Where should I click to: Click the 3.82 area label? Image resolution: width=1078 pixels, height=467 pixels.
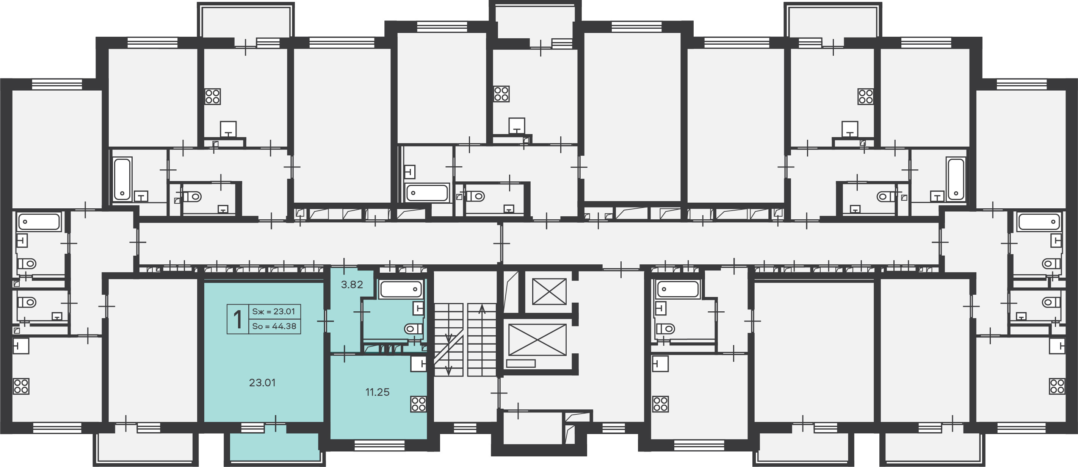(x=352, y=285)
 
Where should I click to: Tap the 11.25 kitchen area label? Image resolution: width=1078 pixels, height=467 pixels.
(x=378, y=392)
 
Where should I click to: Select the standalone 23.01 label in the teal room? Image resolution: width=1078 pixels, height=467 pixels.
(x=262, y=383)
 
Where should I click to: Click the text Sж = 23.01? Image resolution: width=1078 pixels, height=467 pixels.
(x=274, y=311)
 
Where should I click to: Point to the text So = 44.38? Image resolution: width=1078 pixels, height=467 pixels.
(x=274, y=326)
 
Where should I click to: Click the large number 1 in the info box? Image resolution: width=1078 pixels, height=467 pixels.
(x=238, y=319)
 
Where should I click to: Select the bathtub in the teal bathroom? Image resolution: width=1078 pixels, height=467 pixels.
(x=401, y=289)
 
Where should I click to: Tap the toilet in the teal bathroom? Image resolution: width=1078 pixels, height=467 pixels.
(x=413, y=329)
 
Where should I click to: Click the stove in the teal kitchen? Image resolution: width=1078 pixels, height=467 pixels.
(x=418, y=404)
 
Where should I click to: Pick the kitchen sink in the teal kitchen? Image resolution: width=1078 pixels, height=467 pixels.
(x=418, y=364)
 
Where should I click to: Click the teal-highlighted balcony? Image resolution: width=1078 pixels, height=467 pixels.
(x=274, y=446)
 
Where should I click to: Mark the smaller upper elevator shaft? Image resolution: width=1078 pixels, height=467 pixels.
(x=549, y=291)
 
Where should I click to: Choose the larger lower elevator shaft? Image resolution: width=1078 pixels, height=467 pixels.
(x=537, y=340)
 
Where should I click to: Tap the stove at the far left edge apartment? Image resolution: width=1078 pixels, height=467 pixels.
(x=21, y=386)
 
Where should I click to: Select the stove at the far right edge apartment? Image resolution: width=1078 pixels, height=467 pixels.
(x=1057, y=386)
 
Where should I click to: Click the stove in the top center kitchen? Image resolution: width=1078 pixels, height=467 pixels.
(x=501, y=94)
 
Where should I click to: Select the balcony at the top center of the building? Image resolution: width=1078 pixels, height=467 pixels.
(x=535, y=21)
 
